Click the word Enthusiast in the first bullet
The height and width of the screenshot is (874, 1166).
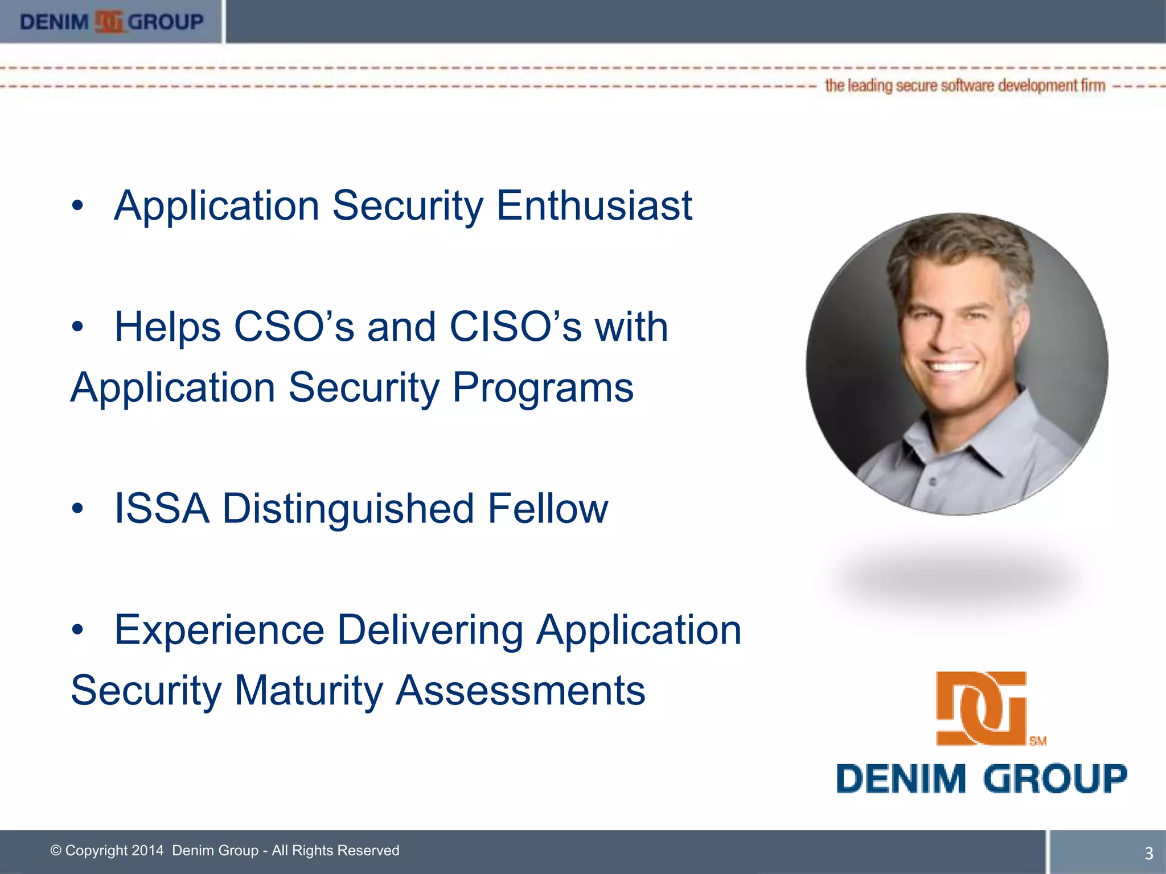click(594, 205)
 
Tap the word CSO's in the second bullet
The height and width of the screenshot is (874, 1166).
click(294, 327)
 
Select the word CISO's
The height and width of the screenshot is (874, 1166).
click(515, 327)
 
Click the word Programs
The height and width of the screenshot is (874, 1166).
click(543, 388)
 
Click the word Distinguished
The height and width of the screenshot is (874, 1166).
click(348, 508)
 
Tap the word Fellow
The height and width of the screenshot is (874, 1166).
click(548, 508)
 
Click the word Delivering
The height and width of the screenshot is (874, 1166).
click(430, 630)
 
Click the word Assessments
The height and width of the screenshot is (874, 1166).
click(520, 691)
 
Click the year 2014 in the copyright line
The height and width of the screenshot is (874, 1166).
click(147, 851)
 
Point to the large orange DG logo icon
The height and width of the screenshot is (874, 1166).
click(981, 708)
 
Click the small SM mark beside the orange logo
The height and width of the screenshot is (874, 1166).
click(1038, 741)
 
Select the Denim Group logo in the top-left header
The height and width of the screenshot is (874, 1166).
click(112, 22)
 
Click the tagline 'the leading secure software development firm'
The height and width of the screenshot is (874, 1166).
click(965, 86)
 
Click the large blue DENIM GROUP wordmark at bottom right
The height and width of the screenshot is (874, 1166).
click(982, 778)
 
